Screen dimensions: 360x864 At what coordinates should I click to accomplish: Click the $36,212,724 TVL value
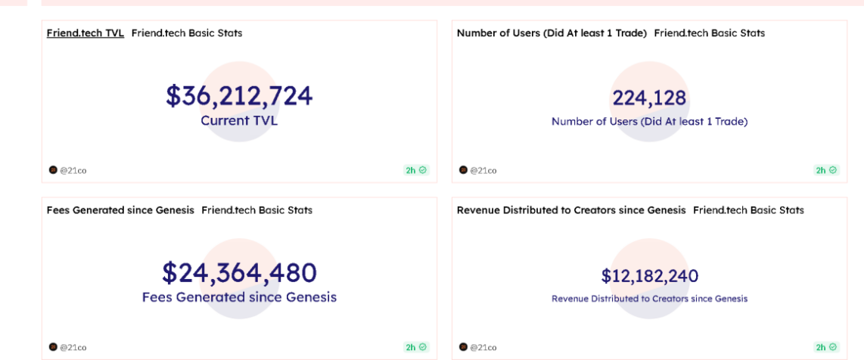(x=239, y=96)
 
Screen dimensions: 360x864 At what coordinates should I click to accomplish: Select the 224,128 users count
(x=649, y=98)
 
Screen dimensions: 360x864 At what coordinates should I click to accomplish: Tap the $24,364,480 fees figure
(x=239, y=273)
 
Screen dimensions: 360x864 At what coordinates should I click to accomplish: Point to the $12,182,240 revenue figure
(x=649, y=276)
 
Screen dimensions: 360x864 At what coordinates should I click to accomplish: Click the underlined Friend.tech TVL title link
(x=85, y=33)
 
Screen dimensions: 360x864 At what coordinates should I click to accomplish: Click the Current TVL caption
(x=239, y=120)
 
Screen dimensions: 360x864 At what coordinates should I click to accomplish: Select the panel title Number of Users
(x=552, y=33)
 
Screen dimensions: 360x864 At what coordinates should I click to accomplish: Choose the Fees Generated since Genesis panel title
(x=120, y=210)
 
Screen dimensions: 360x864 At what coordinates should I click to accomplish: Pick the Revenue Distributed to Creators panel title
(x=571, y=210)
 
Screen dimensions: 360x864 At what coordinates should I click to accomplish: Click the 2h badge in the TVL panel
(x=416, y=170)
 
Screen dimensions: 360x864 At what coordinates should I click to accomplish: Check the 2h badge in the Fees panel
(x=416, y=347)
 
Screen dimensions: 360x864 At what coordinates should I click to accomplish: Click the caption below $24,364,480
(x=239, y=297)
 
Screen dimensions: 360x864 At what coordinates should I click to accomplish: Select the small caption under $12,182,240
(x=649, y=299)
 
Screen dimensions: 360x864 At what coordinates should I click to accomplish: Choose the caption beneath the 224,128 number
(x=649, y=121)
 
